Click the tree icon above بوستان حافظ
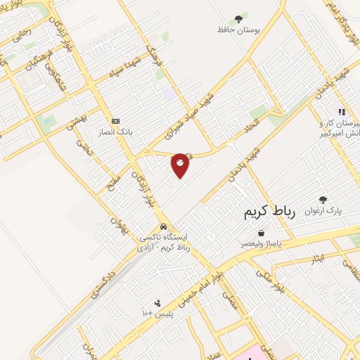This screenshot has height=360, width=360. point(239,18)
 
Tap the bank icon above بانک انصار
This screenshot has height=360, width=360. point(115,120)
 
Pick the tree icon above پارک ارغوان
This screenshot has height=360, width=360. point(323,200)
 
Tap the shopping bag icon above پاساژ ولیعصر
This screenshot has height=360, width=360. point(262,232)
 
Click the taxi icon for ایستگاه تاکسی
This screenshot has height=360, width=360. point(163,227)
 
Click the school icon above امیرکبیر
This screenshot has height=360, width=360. point(342,111)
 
